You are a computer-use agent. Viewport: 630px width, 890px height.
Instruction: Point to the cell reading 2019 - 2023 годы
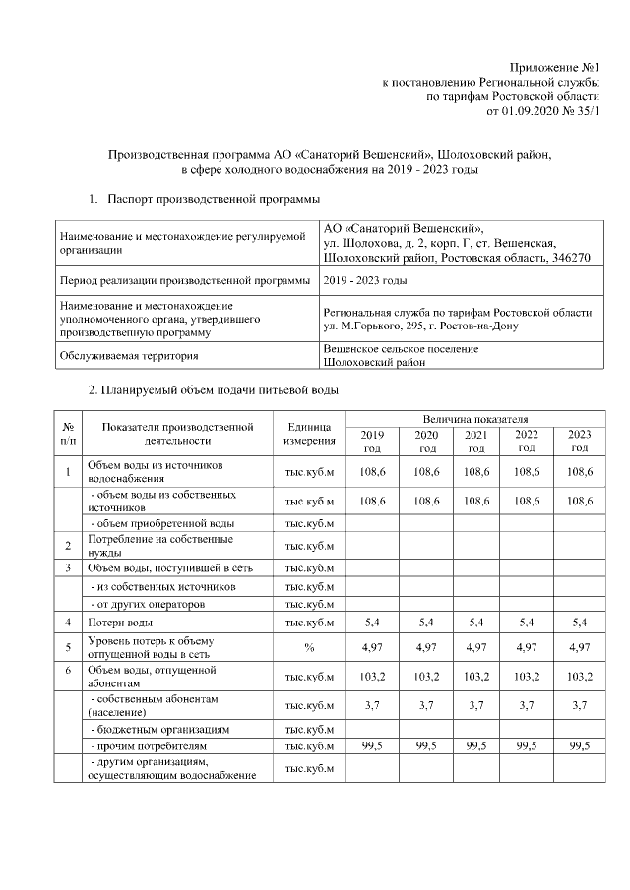click(365, 281)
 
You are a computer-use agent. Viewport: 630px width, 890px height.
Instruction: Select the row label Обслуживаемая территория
click(129, 356)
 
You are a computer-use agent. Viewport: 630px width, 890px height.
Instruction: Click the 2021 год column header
click(475, 441)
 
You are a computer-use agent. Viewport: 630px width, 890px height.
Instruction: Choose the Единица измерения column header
click(310, 434)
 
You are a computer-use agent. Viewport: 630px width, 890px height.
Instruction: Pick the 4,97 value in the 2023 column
click(579, 646)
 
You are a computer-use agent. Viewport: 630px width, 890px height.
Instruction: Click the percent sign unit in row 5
click(310, 646)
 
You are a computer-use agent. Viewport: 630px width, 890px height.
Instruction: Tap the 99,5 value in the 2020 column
click(424, 745)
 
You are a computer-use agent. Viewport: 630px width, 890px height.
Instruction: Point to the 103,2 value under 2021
click(475, 676)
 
